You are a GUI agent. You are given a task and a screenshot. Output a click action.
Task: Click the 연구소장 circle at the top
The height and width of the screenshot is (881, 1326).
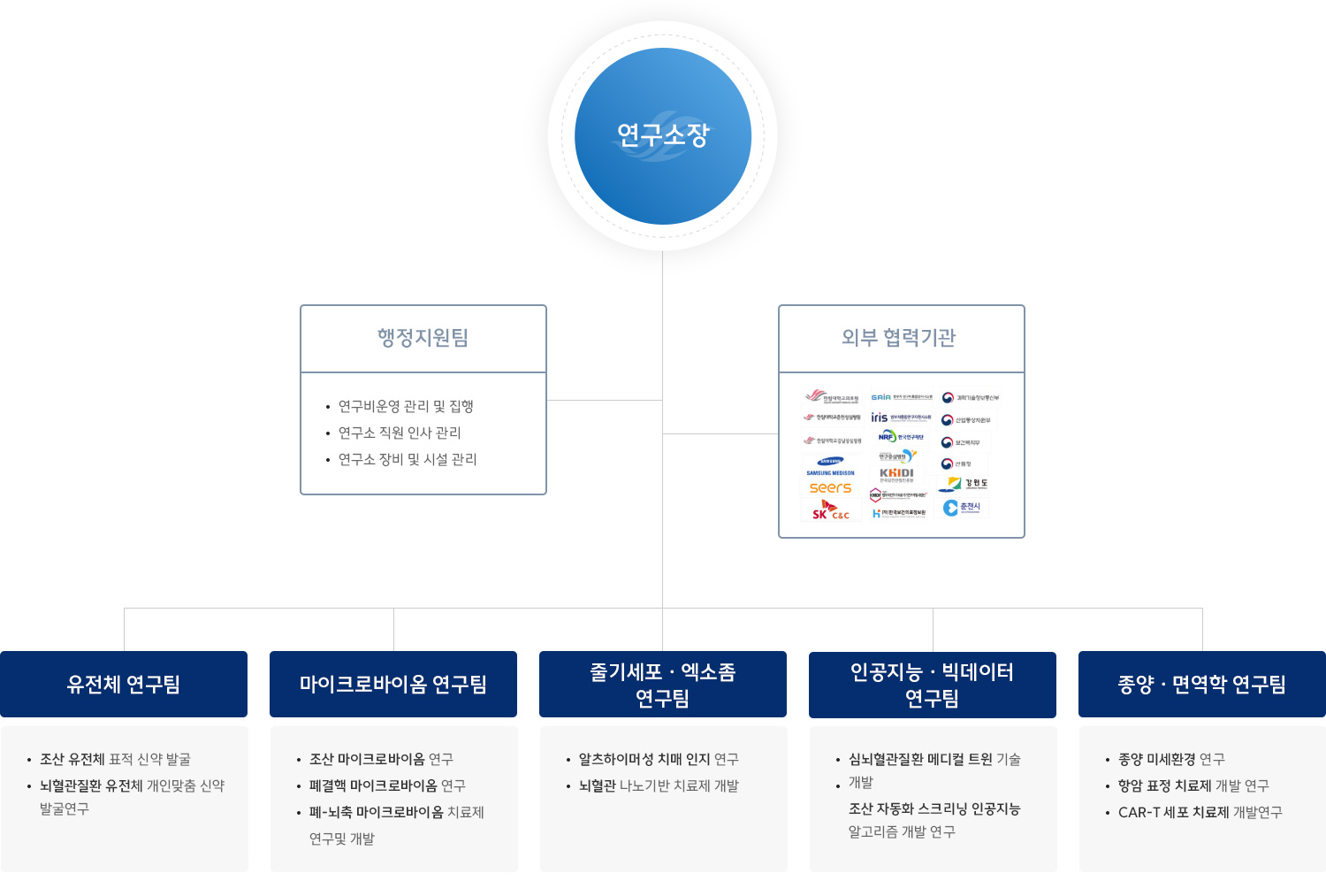pos(663,136)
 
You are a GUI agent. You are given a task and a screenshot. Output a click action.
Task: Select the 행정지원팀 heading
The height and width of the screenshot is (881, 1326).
pos(423,338)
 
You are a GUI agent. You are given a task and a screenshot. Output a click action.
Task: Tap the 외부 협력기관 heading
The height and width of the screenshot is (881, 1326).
pos(899,338)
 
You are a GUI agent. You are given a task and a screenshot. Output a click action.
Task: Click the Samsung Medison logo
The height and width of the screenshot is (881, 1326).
pos(830,466)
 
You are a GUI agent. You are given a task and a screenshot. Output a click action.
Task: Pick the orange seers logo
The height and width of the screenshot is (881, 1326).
pos(830,487)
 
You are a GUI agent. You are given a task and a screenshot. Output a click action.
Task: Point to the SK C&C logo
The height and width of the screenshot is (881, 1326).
pos(829,511)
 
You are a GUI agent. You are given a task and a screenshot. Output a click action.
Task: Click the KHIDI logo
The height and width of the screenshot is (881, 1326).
pos(896,474)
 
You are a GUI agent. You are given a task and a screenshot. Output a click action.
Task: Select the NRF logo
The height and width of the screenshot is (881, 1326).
pos(900,436)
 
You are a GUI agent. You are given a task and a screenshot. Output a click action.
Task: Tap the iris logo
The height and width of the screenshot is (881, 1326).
pos(899,418)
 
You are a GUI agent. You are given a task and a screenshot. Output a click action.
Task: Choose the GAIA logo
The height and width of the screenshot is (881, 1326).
pos(901,397)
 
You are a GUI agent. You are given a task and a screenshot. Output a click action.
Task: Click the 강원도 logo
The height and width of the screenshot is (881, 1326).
pos(964,484)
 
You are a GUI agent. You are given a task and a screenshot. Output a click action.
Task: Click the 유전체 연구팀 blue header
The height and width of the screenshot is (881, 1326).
pos(124,684)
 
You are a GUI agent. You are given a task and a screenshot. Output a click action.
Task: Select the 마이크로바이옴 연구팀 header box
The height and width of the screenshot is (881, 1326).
pos(393,684)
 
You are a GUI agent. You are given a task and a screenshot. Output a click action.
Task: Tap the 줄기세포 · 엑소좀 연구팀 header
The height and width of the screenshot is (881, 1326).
pos(663,684)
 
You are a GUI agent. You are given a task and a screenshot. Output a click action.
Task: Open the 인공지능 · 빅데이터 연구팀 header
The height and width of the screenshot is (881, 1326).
pos(933,684)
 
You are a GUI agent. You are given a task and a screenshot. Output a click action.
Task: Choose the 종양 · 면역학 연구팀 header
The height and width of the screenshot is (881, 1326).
pos(1202,684)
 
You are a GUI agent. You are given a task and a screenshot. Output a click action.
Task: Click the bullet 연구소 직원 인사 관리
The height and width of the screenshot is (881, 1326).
pos(400,433)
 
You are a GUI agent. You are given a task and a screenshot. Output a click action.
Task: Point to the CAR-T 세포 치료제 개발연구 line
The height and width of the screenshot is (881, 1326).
pos(1200,812)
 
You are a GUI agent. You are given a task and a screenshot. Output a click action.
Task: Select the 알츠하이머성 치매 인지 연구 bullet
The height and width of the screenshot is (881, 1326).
pos(659,759)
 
